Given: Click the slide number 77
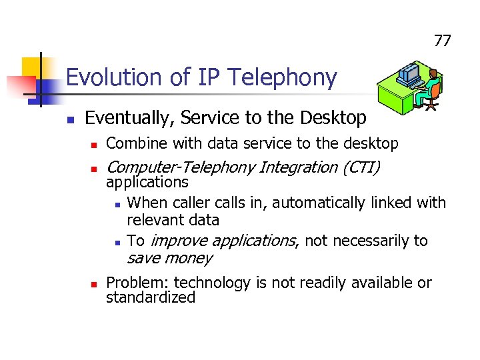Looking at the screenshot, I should (443, 41).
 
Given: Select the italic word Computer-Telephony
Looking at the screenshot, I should (179, 167).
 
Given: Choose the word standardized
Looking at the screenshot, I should (151, 297).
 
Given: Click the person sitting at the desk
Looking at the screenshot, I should (431, 87).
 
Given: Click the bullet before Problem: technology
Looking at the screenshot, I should (95, 283).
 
